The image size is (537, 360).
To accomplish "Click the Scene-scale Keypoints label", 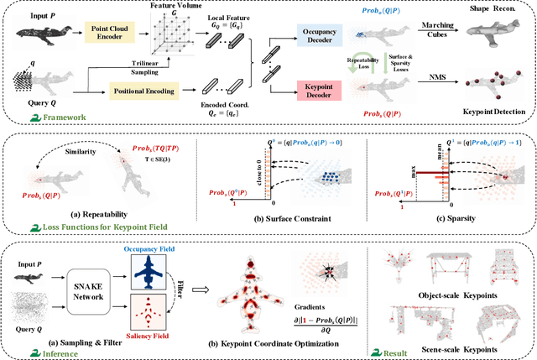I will point(457,346).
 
